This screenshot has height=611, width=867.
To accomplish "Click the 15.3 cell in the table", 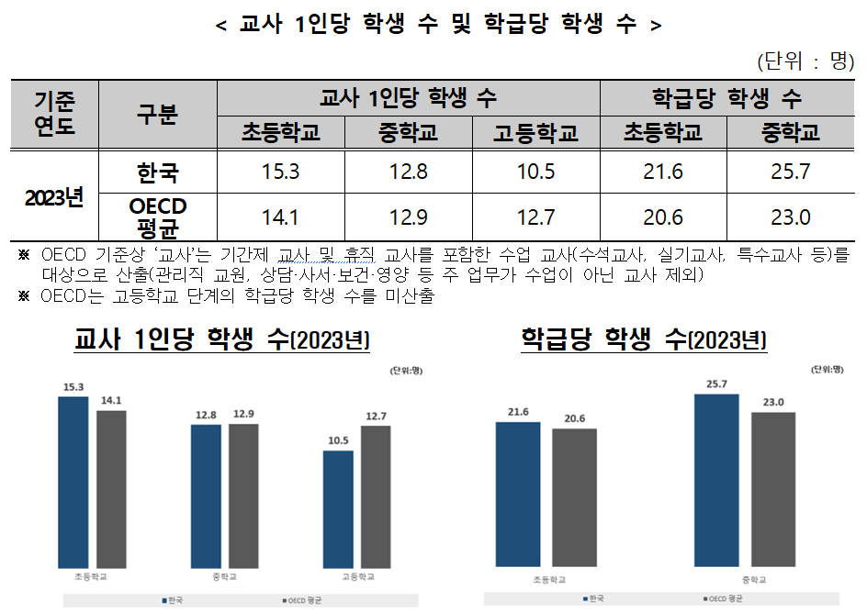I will coord(280,172).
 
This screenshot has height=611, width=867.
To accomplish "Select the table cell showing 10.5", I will coord(535,172).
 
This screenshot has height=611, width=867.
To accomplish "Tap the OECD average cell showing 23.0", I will coord(791,218).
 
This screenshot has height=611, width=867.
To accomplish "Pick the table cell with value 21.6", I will coord(663,172).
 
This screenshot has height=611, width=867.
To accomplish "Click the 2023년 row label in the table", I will coord(54,196).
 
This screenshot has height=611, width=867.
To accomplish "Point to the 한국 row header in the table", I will coord(157,172).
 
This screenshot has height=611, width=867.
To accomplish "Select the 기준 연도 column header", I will coord(54,114).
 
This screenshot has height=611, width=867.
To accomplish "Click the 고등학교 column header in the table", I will coord(535,134).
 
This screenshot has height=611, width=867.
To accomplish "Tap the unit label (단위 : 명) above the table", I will coord(805,61).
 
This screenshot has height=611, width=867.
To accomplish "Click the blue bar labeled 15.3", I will coord(73,482).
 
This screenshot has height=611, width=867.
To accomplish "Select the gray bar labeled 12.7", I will coord(376,496).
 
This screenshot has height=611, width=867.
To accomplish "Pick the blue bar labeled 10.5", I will coord(338,508).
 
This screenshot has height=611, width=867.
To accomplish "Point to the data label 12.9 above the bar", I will coord(243,415).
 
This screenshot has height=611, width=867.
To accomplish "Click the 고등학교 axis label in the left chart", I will coord(357,577).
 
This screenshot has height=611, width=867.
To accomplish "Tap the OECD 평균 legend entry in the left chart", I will coord(304,601).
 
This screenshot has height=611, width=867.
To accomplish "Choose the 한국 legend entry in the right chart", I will coord(593,599).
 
